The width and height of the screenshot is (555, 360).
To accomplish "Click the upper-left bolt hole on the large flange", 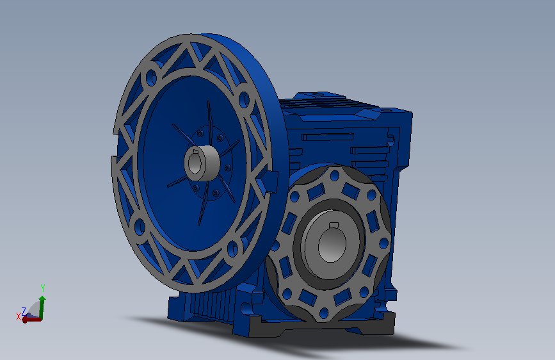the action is [x=152, y=78].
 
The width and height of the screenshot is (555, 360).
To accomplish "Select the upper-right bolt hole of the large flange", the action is [x=245, y=99].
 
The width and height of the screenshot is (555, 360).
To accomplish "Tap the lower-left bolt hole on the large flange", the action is [x=140, y=227].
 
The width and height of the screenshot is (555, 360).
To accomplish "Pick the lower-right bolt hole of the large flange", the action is [x=232, y=249].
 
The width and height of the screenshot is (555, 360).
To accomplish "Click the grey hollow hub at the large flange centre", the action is [x=202, y=163].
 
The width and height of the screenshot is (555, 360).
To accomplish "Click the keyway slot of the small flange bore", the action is [x=334, y=225].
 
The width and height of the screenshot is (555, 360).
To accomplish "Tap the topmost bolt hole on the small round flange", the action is [x=335, y=176].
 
